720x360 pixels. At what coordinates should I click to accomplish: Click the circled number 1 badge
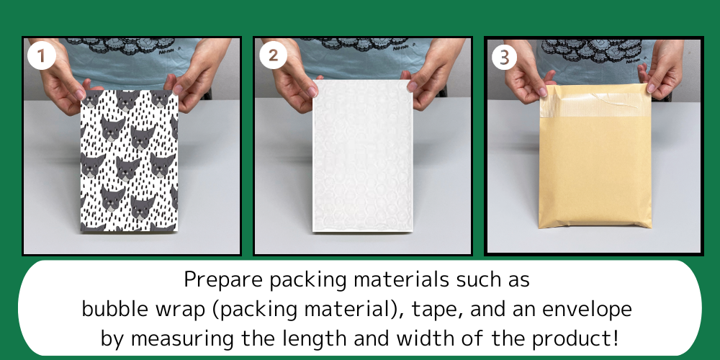click(41, 55)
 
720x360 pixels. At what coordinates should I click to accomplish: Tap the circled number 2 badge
click(273, 55)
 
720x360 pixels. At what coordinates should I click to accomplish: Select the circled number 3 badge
click(504, 58)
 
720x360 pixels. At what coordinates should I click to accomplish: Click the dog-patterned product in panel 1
click(130, 161)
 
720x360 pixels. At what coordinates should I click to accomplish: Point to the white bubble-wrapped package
click(363, 156)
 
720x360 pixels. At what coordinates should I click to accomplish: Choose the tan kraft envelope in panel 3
click(595, 156)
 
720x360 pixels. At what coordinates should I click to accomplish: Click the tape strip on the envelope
click(595, 104)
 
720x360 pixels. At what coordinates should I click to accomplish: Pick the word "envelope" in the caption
click(587, 310)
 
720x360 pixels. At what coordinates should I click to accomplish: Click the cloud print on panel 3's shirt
click(593, 50)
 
